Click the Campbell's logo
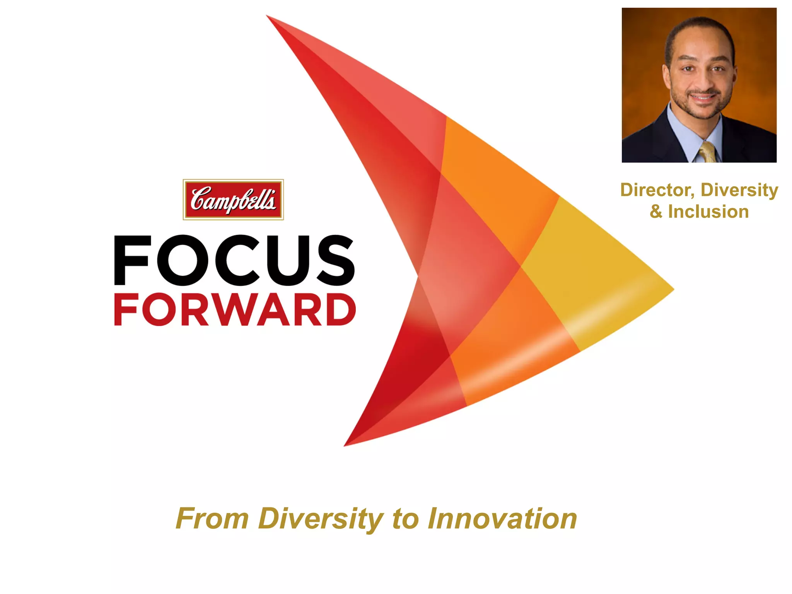point(233,200)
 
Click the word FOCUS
point(234,260)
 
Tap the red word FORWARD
point(235,309)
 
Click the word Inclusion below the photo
point(708,212)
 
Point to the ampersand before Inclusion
point(656,212)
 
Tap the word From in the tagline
point(212,519)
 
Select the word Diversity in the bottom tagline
point(321,519)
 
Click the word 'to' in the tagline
point(405,519)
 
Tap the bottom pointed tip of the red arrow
point(345,445)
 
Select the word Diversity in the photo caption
point(739,190)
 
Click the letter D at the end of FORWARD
point(340,309)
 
